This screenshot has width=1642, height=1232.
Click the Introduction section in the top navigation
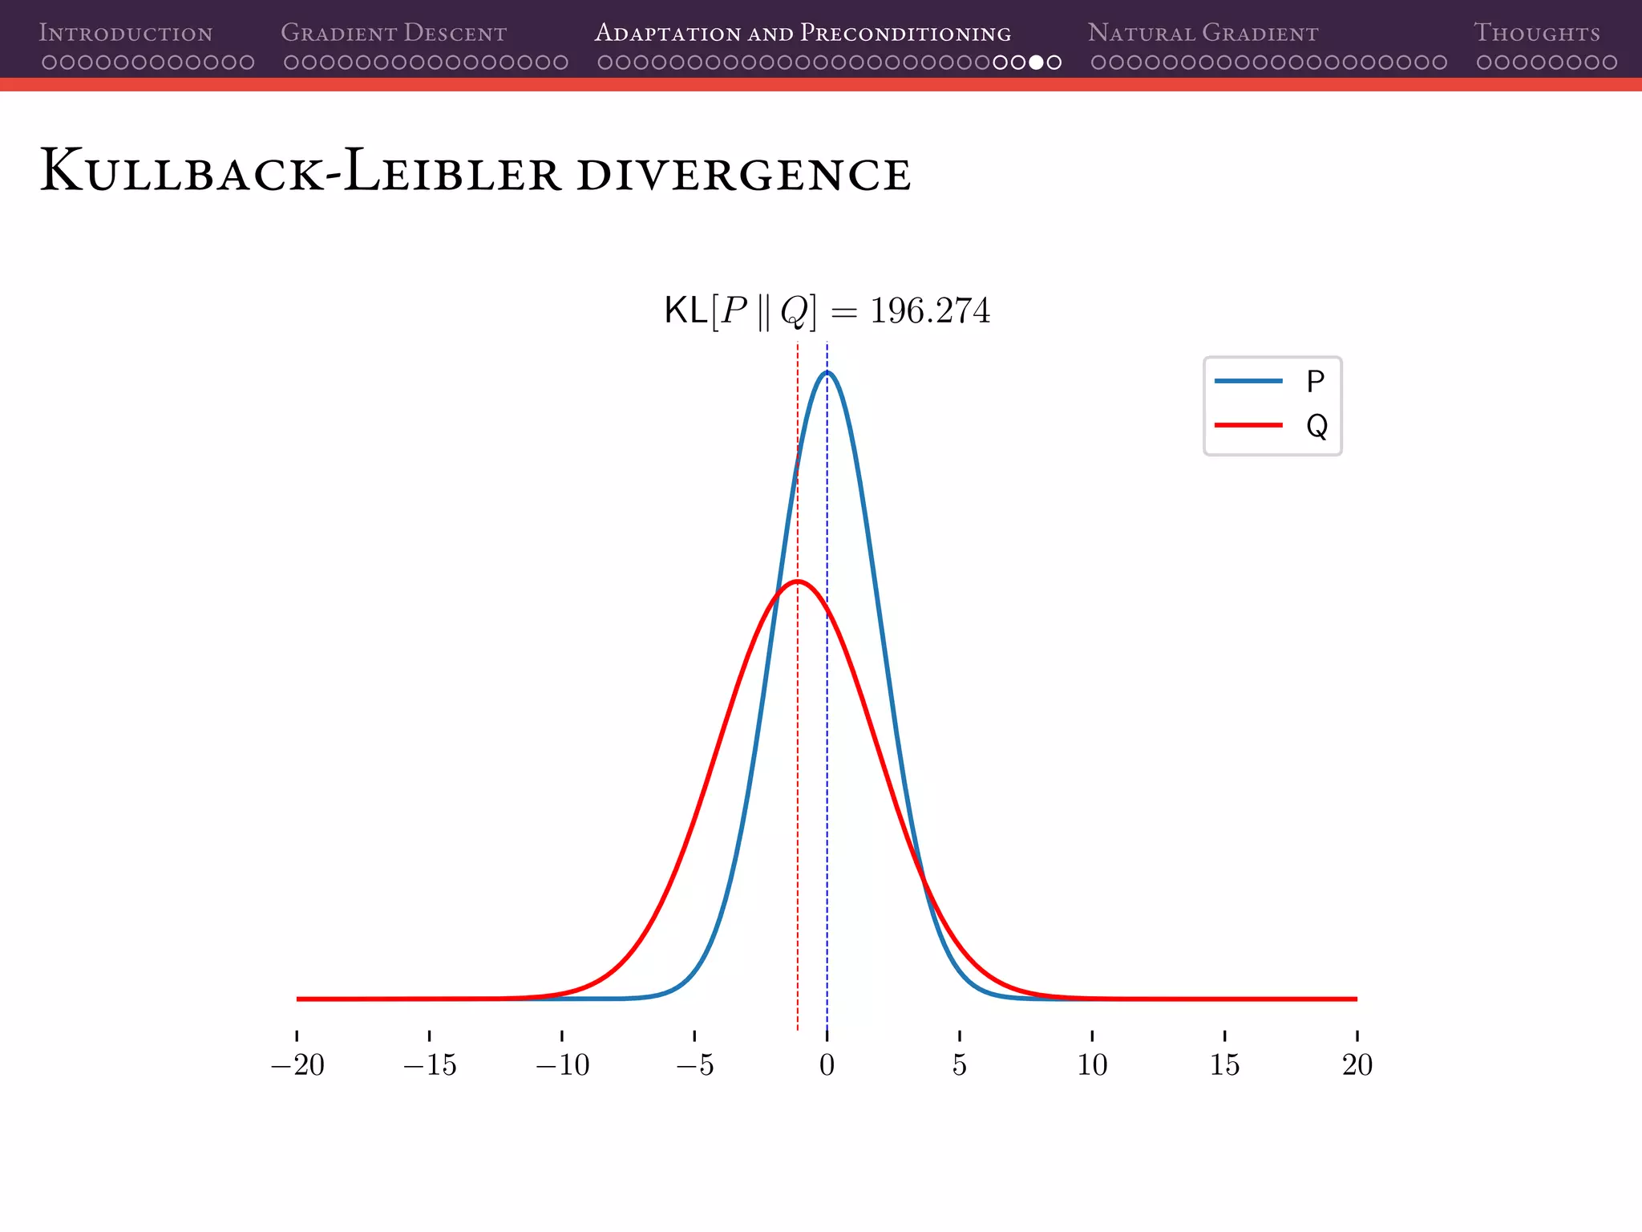pos(126,33)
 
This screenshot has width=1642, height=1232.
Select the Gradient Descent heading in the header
pos(394,33)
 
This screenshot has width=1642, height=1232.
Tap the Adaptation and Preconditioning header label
pos(803,33)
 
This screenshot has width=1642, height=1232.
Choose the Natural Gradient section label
pos(1203,33)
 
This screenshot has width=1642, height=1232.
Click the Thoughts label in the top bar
pos(1536,33)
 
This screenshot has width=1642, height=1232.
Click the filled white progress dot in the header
pos(1036,62)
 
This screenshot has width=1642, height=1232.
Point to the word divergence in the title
pos(743,174)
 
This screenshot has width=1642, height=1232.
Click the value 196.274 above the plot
pos(930,311)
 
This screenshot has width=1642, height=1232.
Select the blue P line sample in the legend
pos(1248,381)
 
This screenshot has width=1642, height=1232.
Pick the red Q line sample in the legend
pos(1248,425)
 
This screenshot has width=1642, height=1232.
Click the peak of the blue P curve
pos(827,372)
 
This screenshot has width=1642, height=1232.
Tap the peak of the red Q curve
pos(798,581)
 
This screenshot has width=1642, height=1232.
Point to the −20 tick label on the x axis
pos(297,1065)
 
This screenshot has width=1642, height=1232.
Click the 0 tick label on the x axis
pos(827,1065)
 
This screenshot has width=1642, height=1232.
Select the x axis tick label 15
pos(1224,1065)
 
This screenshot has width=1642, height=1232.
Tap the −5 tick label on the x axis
pos(694,1065)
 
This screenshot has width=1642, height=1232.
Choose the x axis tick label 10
pos(1092,1065)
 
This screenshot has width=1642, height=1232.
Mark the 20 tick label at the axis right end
pos(1357,1065)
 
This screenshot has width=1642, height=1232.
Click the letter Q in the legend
pos(1316,426)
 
